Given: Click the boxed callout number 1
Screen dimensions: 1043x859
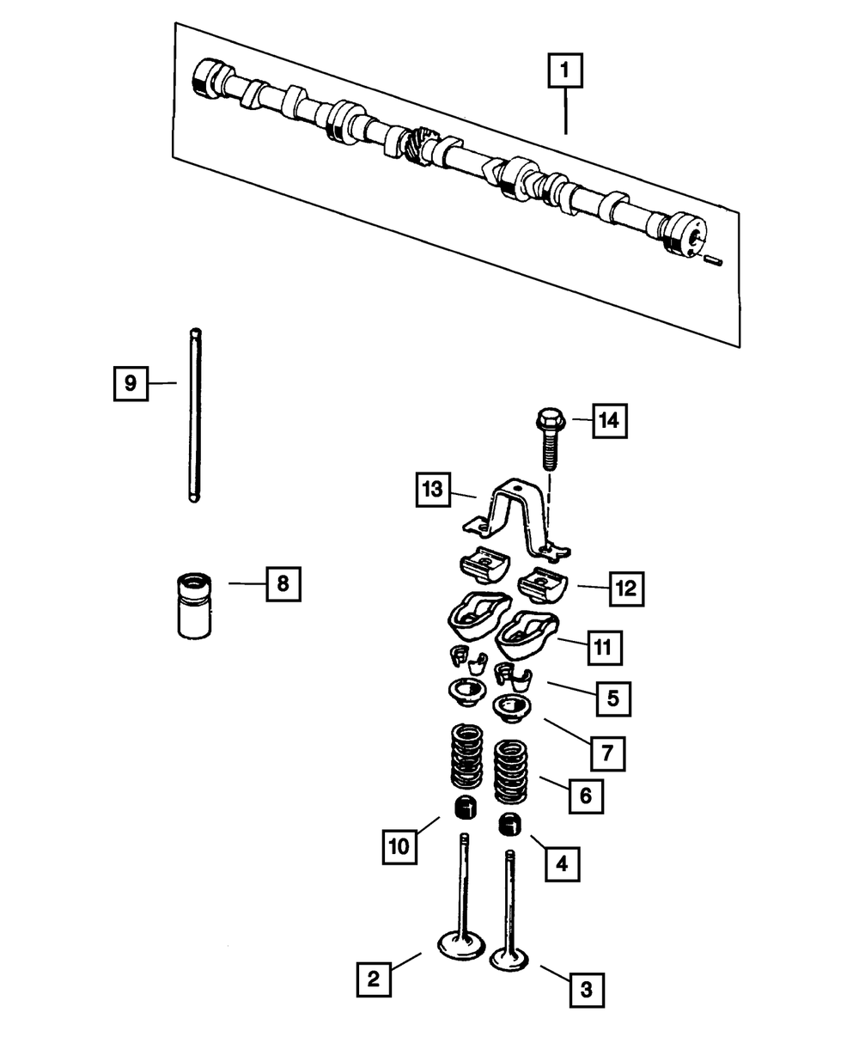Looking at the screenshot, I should click(565, 72).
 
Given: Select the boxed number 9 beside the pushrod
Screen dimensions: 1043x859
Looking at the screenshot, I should click(131, 382).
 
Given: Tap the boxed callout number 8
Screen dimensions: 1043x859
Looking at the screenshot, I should click(283, 584).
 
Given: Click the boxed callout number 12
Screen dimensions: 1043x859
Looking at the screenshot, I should click(625, 589).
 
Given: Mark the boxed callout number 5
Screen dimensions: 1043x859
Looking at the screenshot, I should click(612, 698).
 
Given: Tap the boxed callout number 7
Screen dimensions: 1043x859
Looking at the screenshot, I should click(607, 753).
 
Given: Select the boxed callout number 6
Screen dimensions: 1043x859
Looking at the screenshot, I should click(585, 796).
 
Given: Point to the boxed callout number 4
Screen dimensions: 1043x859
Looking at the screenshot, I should click(562, 862).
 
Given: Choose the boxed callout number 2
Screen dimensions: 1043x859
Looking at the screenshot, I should click(375, 979).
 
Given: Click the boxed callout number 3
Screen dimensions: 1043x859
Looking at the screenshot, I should click(587, 990).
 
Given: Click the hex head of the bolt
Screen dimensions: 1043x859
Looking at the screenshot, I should click(547, 421).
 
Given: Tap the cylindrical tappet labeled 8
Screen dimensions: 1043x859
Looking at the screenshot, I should click(194, 607).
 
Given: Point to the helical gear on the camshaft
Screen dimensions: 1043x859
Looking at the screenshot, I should click(420, 143).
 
